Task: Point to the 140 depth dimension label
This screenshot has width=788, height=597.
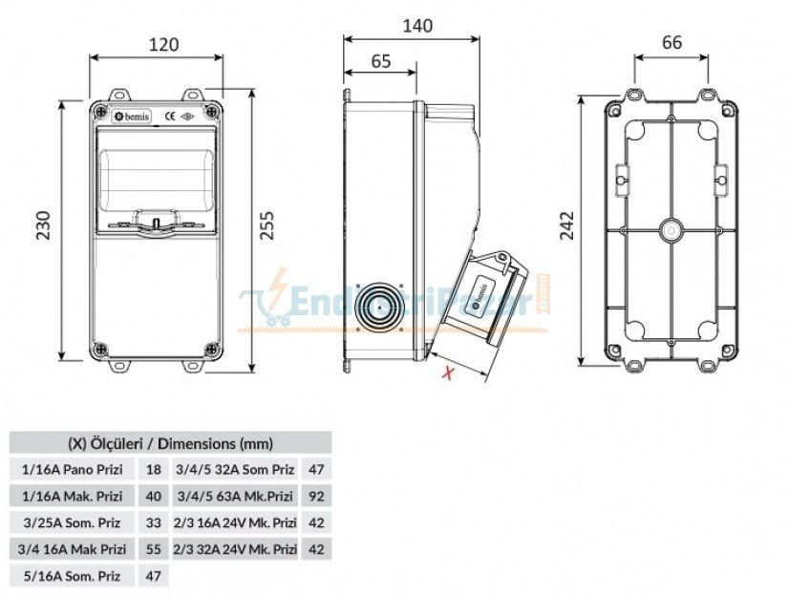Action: click(x=412, y=27)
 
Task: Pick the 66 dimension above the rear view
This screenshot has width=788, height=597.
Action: click(x=671, y=42)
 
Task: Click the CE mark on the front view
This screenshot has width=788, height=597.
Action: click(x=169, y=117)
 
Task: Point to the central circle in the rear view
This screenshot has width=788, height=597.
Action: click(x=671, y=230)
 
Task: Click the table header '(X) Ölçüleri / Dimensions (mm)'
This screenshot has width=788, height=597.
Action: click(x=170, y=443)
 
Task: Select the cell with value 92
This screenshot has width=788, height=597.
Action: click(x=316, y=496)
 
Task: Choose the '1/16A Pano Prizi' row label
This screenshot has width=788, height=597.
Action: click(x=73, y=470)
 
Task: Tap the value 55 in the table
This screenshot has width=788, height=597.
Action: click(x=153, y=549)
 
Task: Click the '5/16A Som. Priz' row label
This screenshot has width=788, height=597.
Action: click(x=71, y=576)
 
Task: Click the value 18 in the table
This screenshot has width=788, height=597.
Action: click(x=153, y=470)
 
